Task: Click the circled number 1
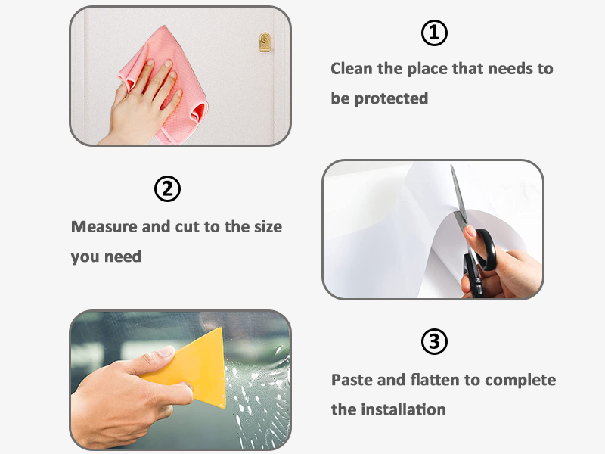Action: point(434,33)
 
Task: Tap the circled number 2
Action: point(168,188)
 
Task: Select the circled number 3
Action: point(434,342)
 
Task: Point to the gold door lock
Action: point(265,42)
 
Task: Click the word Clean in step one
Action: point(352,69)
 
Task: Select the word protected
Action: point(390,98)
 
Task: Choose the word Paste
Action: point(352,379)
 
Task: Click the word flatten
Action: point(430,379)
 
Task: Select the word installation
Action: point(403,409)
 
